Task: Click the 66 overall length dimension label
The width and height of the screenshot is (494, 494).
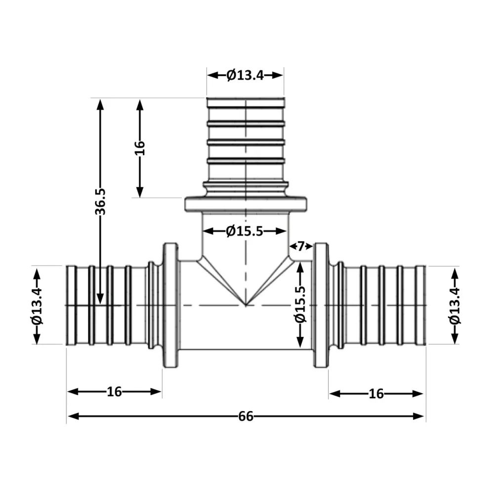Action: pyautogui.click(x=246, y=416)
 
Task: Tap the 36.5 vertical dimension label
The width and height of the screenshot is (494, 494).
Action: pyautogui.click(x=100, y=202)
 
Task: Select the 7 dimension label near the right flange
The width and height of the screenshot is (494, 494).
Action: pyautogui.click(x=301, y=246)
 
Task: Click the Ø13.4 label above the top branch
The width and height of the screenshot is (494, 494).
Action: pyautogui.click(x=245, y=75)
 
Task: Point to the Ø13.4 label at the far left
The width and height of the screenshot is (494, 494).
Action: pyautogui.click(x=37, y=306)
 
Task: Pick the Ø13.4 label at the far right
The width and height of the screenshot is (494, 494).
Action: pyautogui.click(x=454, y=306)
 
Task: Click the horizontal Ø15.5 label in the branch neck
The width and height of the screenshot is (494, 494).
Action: pyautogui.click(x=245, y=231)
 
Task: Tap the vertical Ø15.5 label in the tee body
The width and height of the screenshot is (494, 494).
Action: pyautogui.click(x=300, y=304)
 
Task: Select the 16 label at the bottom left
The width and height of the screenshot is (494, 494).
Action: pyautogui.click(x=114, y=392)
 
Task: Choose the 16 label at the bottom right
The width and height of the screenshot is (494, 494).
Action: pyautogui.click(x=376, y=394)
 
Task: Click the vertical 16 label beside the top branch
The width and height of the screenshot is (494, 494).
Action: pyautogui.click(x=140, y=148)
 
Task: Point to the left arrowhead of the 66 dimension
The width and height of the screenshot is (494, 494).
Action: pyautogui.click(x=73, y=416)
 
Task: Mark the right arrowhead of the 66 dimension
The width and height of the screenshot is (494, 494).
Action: pyautogui.click(x=418, y=416)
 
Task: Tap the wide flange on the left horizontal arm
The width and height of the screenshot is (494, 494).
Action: pyautogui.click(x=170, y=305)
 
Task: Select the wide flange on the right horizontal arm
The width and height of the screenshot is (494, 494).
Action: pyautogui.click(x=321, y=305)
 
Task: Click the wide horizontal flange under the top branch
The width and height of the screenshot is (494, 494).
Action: pyautogui.click(x=246, y=204)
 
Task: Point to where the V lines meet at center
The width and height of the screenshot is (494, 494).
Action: pyautogui.click(x=246, y=305)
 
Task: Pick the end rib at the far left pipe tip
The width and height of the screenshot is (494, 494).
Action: pyautogui.click(x=72, y=305)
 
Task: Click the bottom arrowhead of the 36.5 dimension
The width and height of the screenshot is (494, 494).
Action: pyautogui.click(x=100, y=299)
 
